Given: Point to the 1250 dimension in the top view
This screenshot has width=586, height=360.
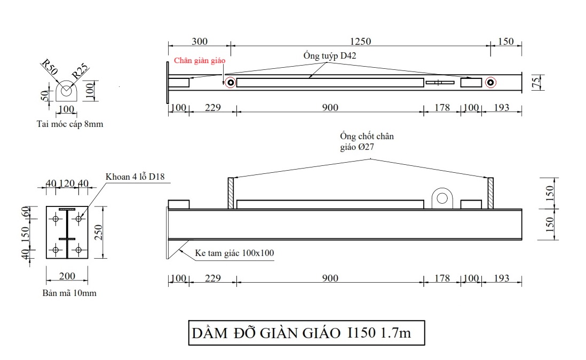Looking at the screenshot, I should (x=360, y=42).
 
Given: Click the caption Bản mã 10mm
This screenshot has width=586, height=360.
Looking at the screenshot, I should (x=69, y=293).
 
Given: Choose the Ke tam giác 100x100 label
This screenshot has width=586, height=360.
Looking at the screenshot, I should (x=234, y=253).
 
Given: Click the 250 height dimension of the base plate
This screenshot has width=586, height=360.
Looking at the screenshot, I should (x=98, y=233).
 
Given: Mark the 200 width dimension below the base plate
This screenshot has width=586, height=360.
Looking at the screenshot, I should (x=67, y=276).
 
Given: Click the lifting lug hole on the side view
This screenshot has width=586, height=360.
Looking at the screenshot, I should (x=442, y=198).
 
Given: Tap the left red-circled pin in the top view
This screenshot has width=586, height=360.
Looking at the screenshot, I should (x=230, y=82).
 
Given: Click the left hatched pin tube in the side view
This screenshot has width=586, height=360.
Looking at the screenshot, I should (x=231, y=193).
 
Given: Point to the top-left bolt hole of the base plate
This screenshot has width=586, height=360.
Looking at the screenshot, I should (x=56, y=218).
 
